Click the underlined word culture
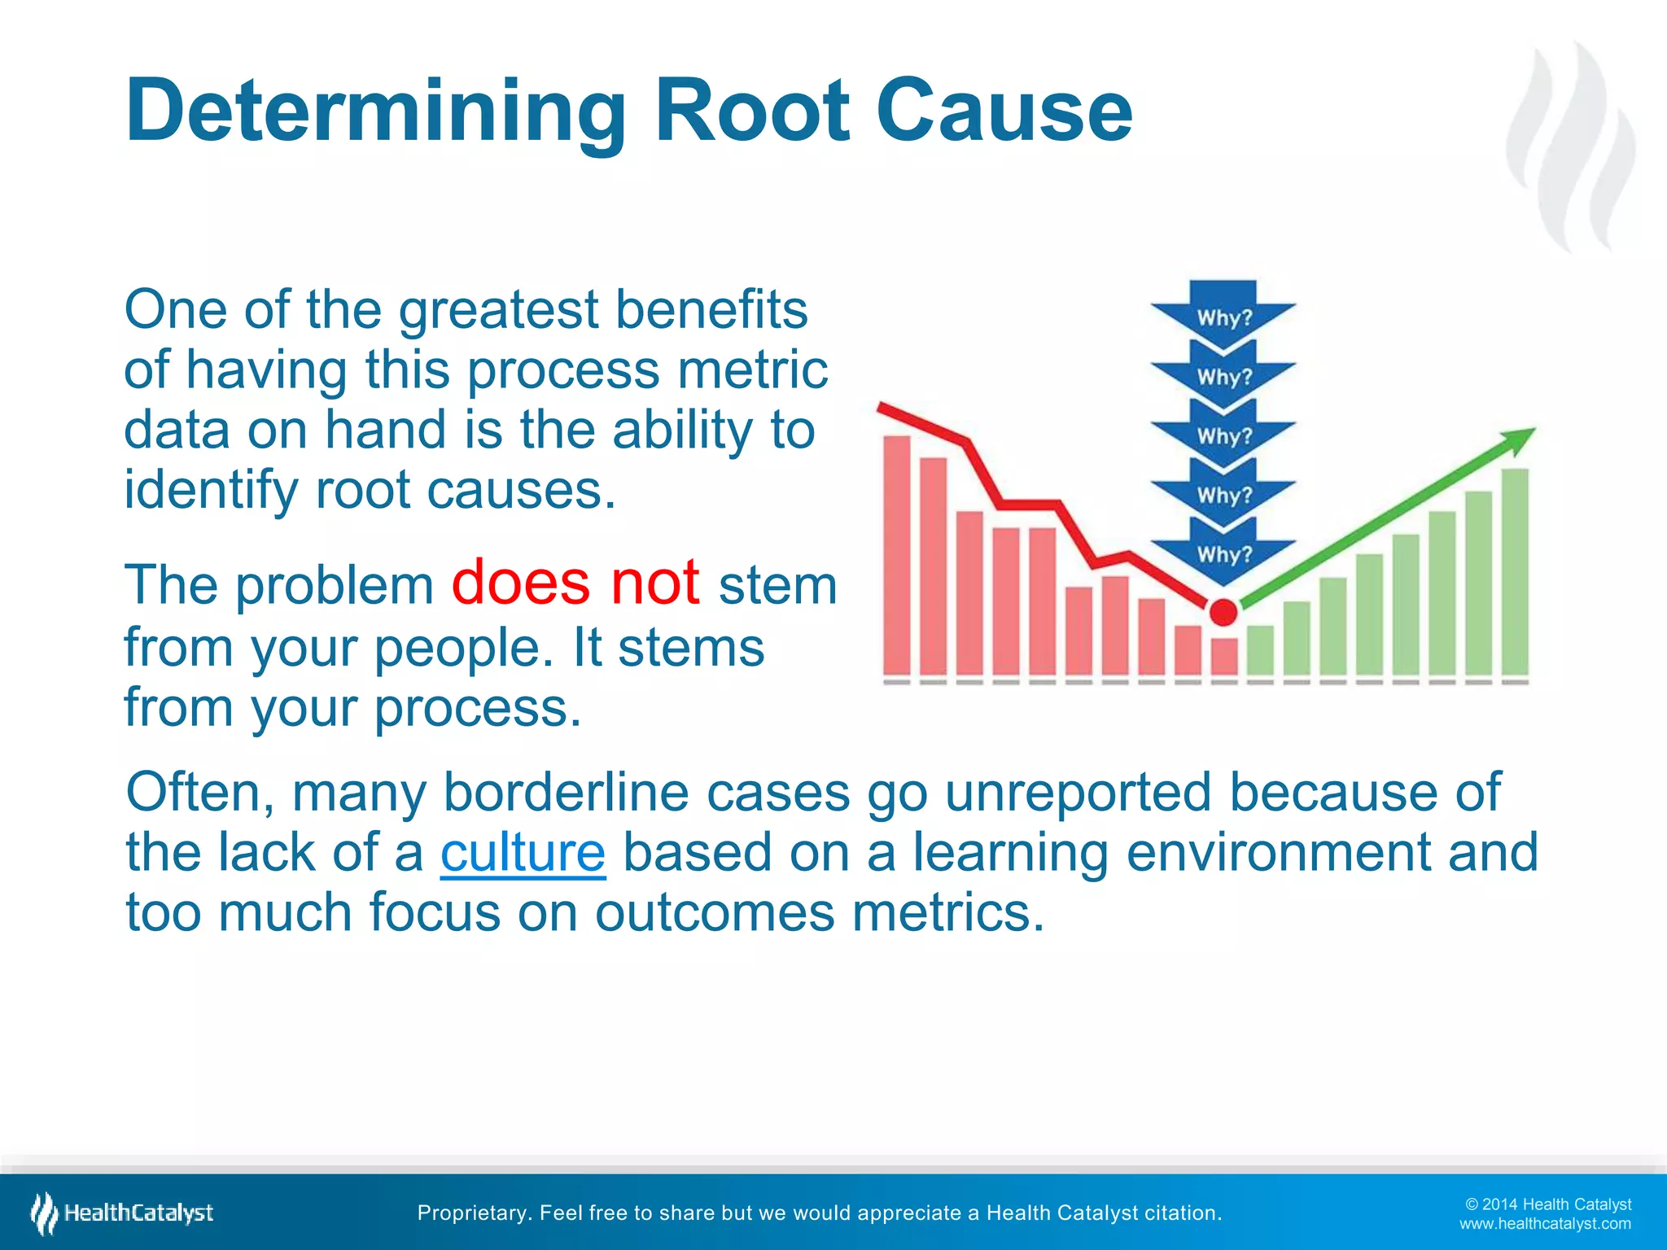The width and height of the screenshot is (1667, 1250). pos(523,852)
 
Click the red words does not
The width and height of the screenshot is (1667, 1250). pos(575,583)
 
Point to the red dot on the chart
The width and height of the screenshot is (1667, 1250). pos(1223,612)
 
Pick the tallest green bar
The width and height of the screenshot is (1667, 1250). pos(1515,571)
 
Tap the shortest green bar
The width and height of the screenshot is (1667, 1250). pos(1260,649)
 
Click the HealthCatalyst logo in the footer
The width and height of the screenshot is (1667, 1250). pos(122,1213)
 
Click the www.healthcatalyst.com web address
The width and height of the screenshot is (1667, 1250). pos(1545,1224)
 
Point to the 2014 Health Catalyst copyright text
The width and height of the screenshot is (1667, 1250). pos(1548,1204)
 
